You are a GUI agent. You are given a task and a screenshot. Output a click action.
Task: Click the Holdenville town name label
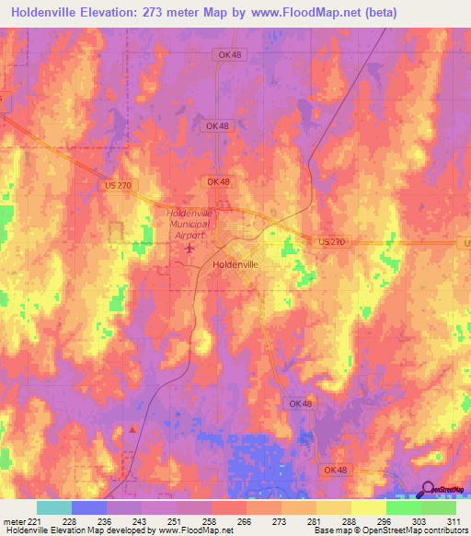point(235,264)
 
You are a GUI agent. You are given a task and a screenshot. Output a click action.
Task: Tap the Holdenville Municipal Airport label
point(189,224)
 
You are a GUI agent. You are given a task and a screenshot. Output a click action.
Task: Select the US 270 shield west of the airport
point(112,184)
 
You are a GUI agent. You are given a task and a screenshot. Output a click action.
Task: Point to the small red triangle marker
point(133,428)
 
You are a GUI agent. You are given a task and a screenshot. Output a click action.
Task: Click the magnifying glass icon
point(429,491)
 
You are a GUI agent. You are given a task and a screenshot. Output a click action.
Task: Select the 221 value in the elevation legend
point(36,521)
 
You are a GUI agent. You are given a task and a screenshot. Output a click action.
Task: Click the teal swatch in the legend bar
point(53,507)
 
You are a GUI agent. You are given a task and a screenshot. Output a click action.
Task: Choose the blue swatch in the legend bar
point(88,507)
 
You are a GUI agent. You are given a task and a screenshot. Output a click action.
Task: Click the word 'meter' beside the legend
point(13,521)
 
